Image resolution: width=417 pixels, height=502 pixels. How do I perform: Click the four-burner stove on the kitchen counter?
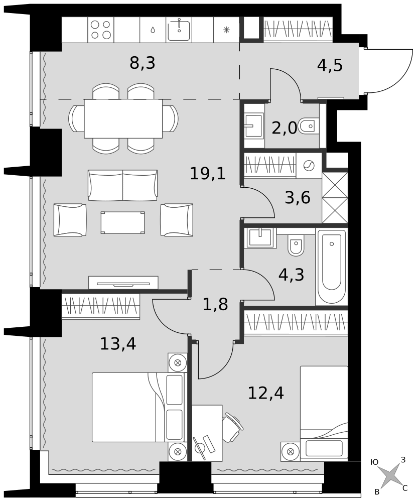click(x=100, y=30)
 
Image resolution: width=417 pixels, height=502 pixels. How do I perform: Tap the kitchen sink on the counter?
click(x=179, y=30)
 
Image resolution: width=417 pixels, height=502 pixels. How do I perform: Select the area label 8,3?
click(x=143, y=63)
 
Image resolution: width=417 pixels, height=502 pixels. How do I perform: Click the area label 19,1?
click(x=208, y=174)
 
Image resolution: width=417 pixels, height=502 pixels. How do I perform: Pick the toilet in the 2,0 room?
click(x=309, y=126)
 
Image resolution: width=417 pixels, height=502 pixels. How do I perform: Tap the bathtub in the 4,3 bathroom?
click(x=332, y=267)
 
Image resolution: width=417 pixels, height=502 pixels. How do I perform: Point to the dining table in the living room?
click(x=123, y=118)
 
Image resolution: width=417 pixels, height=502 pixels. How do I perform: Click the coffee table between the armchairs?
click(x=122, y=222)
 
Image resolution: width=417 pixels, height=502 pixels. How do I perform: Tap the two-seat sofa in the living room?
click(x=123, y=185)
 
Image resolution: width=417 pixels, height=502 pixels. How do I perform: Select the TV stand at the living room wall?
click(x=123, y=282)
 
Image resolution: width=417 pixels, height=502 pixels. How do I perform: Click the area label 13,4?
click(x=118, y=344)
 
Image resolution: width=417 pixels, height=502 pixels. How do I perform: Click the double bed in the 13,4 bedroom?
click(x=139, y=407)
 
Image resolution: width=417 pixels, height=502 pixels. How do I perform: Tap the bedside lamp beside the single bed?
click(x=291, y=452)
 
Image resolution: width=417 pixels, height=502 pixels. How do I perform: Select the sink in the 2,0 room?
click(x=254, y=125)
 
